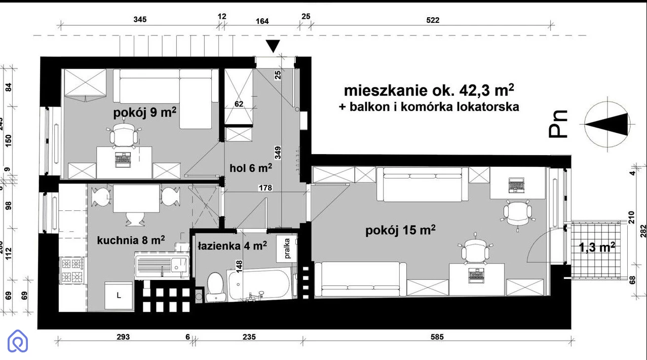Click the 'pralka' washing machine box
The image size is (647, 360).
coord(287,248)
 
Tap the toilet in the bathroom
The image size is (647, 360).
coord(215,286)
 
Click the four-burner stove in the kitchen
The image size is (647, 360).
coord(72,270)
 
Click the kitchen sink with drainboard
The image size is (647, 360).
coord(162,265)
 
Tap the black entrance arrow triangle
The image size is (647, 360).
coord(273,46)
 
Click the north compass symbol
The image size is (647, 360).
coord(607,124)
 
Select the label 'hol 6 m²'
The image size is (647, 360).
coord(251,168)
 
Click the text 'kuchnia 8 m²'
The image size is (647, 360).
coord(131,240)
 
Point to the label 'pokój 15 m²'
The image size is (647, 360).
coord(400,230)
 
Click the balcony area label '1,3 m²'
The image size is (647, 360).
coord(597,247)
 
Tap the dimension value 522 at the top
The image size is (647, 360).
coord(433,20)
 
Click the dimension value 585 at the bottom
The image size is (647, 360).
coord(437,337)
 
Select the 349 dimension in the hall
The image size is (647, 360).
coord(278,153)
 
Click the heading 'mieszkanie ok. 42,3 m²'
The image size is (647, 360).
coord(429,90)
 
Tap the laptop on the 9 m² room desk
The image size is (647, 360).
coord(123,160)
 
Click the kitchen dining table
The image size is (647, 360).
coord(136,198)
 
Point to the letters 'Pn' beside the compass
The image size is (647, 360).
coord(558,124)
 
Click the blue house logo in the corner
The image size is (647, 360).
coord(18,341)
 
